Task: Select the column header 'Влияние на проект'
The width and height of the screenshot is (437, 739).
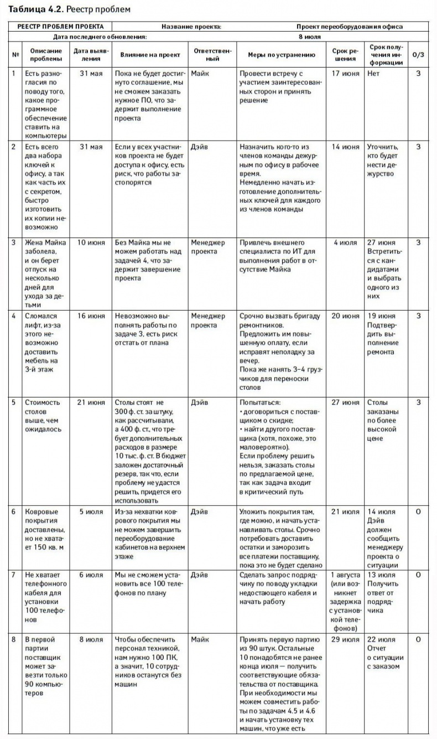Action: tap(146, 55)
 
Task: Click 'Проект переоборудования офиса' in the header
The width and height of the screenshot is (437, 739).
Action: tap(349, 26)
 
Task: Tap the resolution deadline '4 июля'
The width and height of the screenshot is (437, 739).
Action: tap(345, 242)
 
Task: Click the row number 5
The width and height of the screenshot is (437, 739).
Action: tap(13, 402)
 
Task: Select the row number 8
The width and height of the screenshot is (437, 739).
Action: tap(13, 640)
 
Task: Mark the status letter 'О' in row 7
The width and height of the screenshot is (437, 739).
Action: tap(418, 575)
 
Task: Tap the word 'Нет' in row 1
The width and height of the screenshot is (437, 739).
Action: tap(373, 74)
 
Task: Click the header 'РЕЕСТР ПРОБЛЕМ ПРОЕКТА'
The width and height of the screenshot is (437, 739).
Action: tap(60, 26)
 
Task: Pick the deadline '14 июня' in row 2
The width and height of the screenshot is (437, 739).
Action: tap(345, 147)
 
